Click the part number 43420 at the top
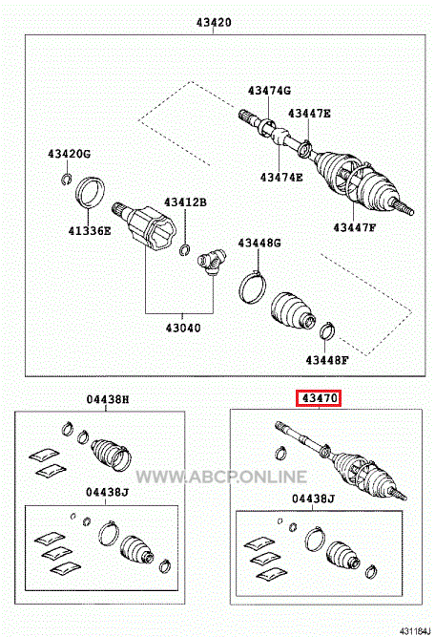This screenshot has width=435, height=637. coord(214,22)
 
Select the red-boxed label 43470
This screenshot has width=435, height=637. coord(320,398)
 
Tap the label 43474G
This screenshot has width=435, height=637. coord(269,90)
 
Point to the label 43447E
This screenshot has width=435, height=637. coord(309,113)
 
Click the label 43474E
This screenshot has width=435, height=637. coord(281,177)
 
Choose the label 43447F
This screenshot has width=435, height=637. coord(355,227)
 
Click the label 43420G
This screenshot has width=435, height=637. coord(69,154)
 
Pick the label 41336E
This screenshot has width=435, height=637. coord(90,231)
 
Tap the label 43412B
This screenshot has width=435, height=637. coord(185,202)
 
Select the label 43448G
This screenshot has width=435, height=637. coord(259,243)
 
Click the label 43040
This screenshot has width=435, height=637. coord(183,328)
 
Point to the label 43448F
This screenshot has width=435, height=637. coord(327,360)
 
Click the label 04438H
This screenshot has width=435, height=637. coord(108,399)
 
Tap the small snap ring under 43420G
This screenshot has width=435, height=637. coord(67,180)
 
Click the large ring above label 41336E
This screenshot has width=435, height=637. coord(90,192)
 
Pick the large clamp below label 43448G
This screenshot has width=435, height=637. coord(252,287)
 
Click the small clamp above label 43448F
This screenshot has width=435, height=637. coord(327,330)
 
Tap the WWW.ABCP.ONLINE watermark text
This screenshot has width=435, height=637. coord(221,477)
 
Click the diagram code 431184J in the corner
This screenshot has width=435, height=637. coord(415,631)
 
